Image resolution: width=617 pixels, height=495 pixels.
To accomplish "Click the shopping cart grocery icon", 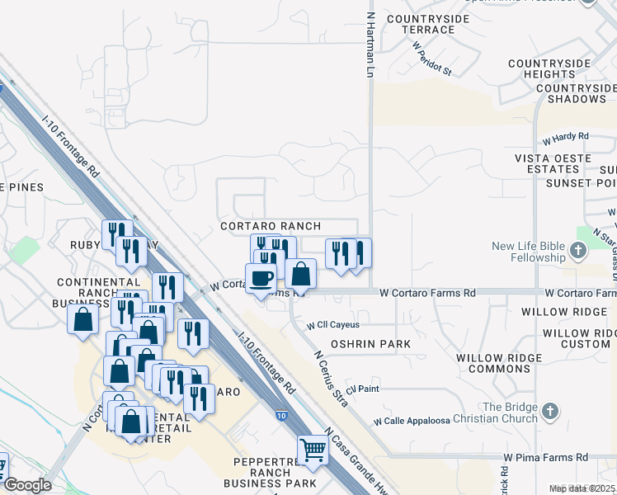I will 313,450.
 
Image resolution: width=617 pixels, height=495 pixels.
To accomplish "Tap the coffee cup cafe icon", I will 261,277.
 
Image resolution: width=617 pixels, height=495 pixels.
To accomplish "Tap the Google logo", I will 26,485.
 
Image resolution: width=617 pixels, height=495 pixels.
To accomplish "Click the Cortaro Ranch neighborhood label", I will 271,226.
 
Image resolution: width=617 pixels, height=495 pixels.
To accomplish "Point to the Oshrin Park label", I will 365,343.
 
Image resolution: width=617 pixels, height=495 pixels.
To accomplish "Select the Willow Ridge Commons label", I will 505,363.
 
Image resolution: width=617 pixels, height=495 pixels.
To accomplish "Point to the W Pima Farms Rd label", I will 546,457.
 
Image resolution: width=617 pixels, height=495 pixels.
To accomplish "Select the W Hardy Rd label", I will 565,136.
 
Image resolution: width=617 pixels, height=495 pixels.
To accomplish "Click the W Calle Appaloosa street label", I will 412,421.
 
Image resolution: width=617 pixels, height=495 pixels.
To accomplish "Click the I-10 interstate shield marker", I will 282,416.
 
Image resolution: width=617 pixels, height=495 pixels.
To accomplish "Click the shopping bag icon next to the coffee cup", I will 301,273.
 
